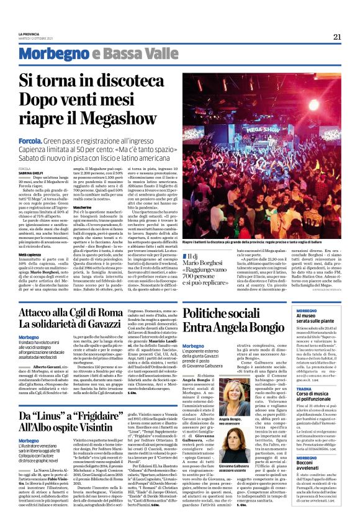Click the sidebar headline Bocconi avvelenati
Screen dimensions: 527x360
click(x=310, y=462)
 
